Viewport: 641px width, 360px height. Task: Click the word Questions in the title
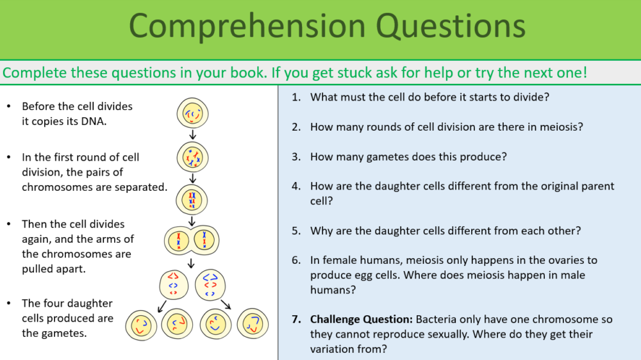pos(451,26)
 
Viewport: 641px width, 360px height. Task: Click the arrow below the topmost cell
pos(192,135)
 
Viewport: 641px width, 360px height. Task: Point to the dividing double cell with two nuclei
pos(192,241)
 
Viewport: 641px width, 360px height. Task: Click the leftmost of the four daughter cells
pos(140,325)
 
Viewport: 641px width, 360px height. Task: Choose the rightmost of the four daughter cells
pos(253,323)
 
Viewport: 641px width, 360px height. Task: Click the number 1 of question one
pos(296,97)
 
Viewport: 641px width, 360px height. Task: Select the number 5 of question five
pos(296,231)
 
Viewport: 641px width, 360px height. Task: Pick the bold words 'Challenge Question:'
pos(362,319)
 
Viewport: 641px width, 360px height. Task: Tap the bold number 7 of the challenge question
pos(296,319)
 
